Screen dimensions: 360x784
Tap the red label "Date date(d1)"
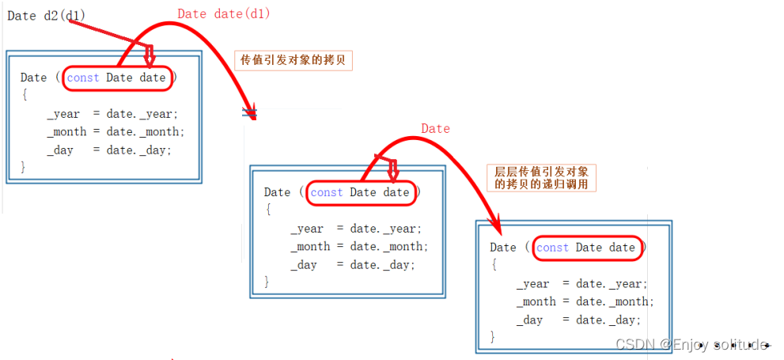coord(223,14)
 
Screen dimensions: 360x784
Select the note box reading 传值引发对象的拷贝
coord(292,60)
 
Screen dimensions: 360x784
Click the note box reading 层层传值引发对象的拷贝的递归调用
coord(544,178)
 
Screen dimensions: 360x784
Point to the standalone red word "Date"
coord(435,129)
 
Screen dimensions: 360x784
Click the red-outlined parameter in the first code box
coord(117,78)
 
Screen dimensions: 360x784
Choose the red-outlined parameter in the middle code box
coord(361,192)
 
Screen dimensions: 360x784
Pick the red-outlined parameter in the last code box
coord(586,248)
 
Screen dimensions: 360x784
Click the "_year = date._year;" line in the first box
coord(112,114)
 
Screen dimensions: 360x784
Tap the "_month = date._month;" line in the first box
coord(116,132)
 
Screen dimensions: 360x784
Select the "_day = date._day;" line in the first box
coord(109,150)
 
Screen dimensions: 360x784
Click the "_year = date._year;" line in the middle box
coord(356,229)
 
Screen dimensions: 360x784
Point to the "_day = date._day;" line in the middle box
coord(353,265)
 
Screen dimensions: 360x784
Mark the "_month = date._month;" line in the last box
coord(585,301)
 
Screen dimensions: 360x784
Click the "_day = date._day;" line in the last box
coord(579,320)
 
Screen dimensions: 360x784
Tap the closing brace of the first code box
coord(24,167)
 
